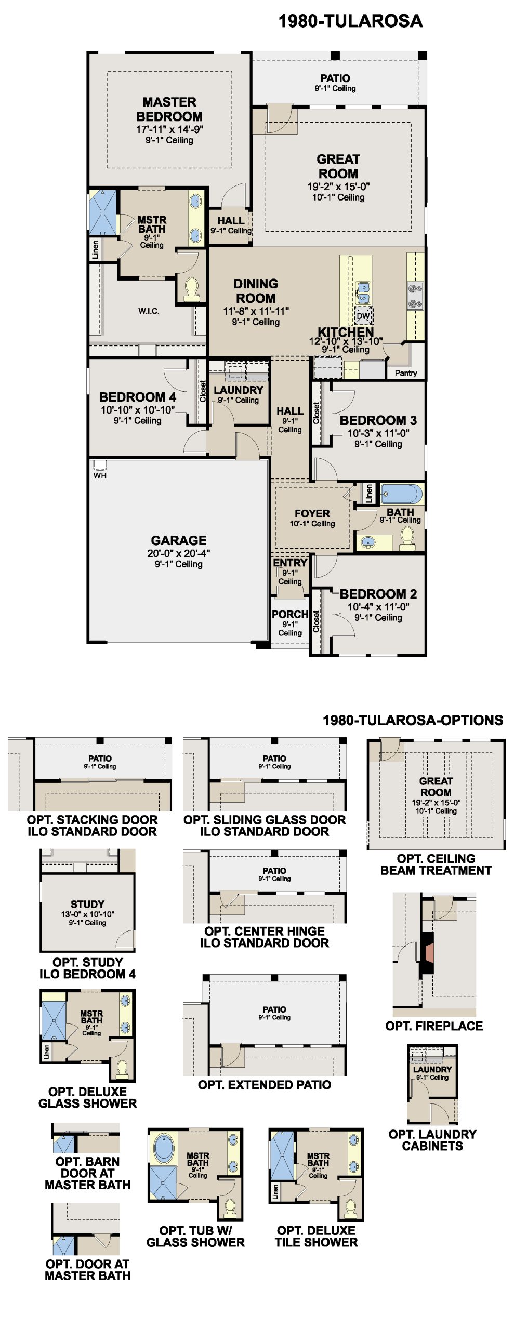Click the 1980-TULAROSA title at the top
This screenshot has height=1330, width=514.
[x=350, y=21]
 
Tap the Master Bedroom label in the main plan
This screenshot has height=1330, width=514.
[x=169, y=109]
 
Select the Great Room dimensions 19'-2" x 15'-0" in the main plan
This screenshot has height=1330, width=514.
[x=338, y=187]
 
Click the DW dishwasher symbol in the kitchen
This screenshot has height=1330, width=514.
[x=363, y=316]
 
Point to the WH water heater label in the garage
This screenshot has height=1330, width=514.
[x=100, y=475]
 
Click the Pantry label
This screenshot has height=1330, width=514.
[x=406, y=373]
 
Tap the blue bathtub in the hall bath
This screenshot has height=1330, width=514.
[x=401, y=494]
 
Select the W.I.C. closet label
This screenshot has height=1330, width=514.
[x=149, y=311]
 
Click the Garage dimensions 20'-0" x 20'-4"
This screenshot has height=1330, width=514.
[x=179, y=553]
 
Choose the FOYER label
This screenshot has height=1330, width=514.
[x=312, y=513]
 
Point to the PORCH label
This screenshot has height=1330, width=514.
[x=290, y=614]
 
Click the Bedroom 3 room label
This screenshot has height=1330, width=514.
[x=378, y=420]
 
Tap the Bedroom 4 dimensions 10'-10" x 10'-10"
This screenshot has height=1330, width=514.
[x=138, y=410]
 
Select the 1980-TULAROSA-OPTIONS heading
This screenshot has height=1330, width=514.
[x=413, y=720]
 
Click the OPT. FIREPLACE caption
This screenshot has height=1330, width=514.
[x=434, y=1026]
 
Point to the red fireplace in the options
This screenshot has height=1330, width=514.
[x=429, y=953]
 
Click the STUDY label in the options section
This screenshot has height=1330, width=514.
[x=88, y=904]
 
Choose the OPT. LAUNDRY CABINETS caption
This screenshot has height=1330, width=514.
[x=432, y=1140]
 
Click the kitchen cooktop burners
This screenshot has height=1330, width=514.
[x=415, y=296]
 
